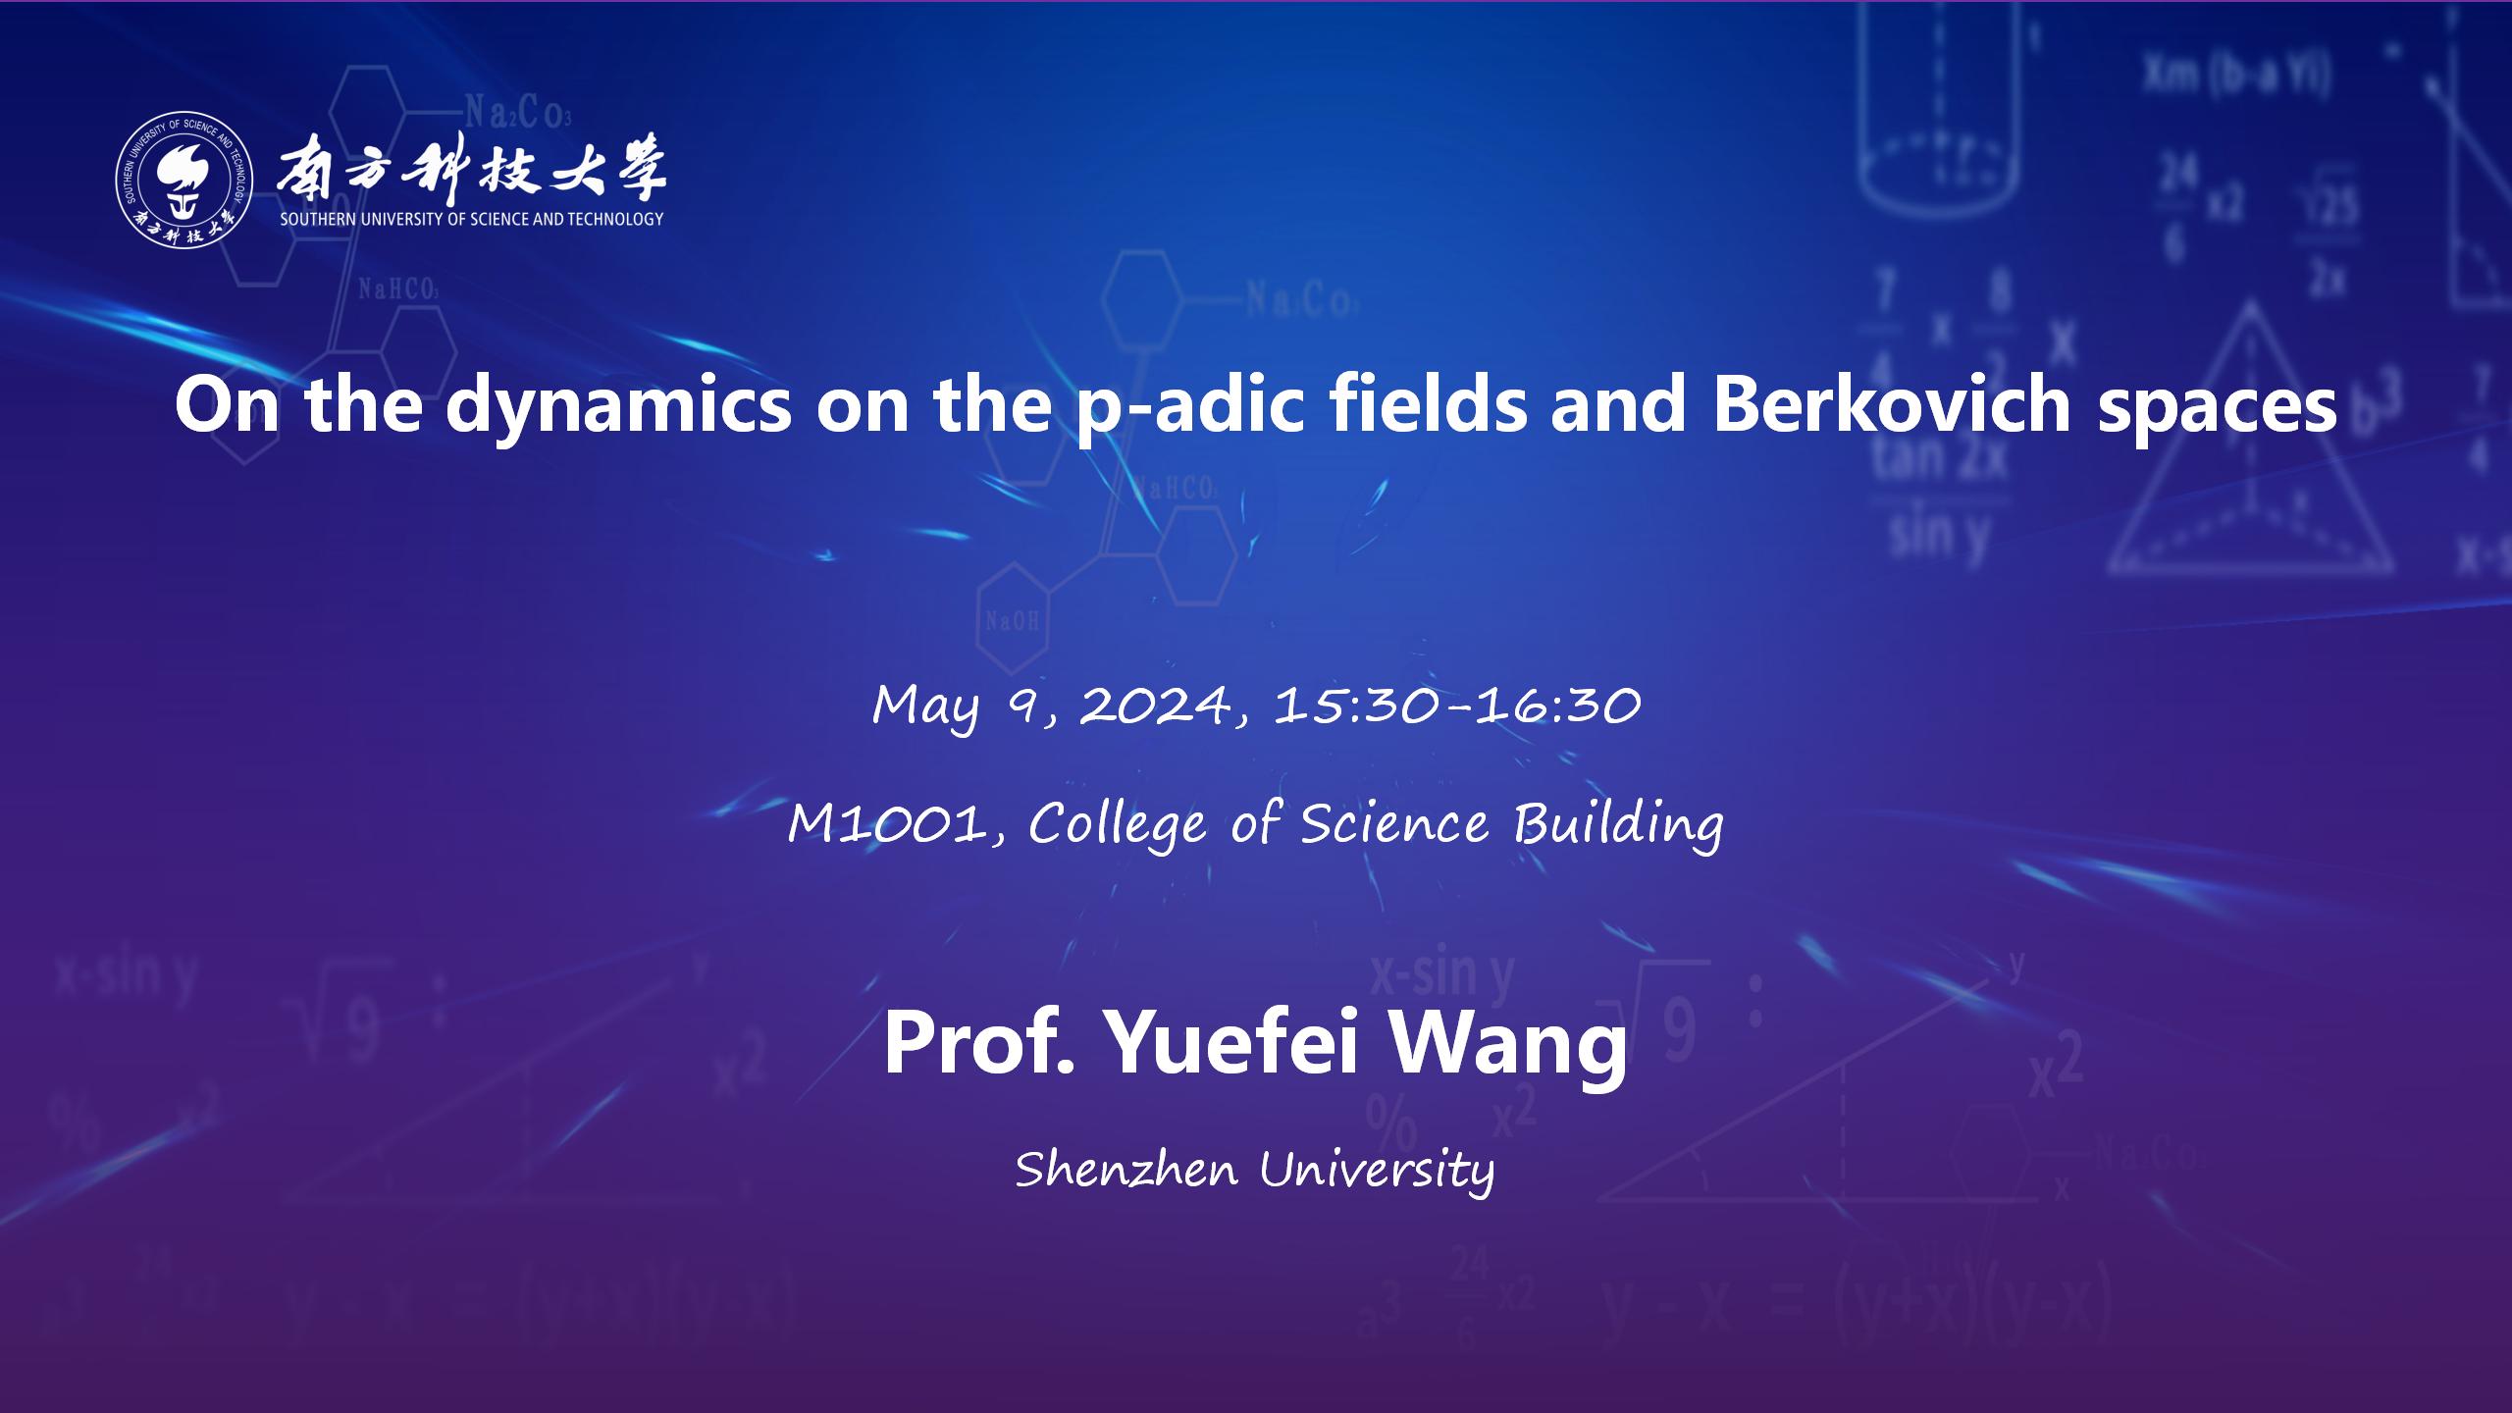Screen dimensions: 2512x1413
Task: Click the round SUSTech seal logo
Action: point(184,180)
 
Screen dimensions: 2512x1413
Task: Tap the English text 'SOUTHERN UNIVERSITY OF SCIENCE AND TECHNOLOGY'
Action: point(472,220)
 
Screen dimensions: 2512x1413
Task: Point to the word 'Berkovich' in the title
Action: point(1891,404)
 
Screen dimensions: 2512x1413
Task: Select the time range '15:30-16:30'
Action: point(1458,705)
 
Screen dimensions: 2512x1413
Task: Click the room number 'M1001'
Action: point(888,823)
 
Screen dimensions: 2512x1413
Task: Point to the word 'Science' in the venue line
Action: point(1394,823)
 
